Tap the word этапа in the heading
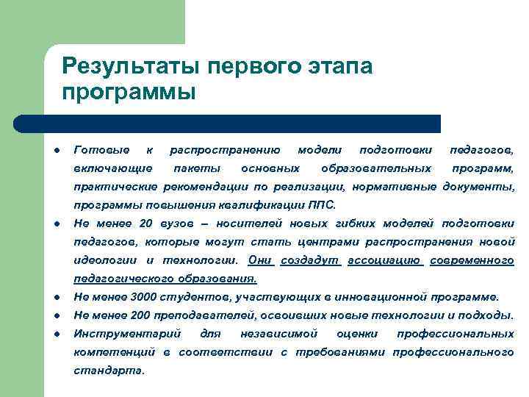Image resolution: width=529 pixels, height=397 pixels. [x=337, y=67]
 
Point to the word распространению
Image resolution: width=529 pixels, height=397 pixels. [x=225, y=150]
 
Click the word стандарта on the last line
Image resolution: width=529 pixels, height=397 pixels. [x=109, y=371]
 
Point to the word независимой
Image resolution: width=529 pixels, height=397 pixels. [x=278, y=334]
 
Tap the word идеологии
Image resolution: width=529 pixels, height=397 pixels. [x=107, y=260]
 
